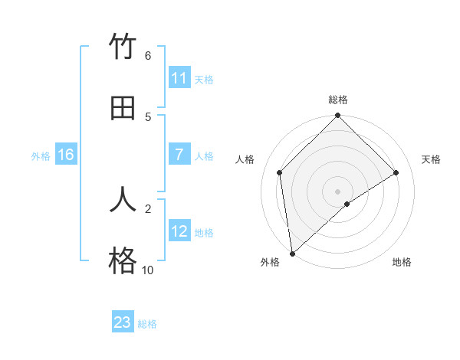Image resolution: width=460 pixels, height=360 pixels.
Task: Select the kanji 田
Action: pyautogui.click(x=123, y=108)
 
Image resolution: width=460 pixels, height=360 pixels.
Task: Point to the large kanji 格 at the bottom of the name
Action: pyautogui.click(x=123, y=261)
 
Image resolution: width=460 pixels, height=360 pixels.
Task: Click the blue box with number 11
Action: pyautogui.click(x=179, y=78)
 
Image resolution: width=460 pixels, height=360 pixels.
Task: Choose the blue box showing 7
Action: pyautogui.click(x=179, y=155)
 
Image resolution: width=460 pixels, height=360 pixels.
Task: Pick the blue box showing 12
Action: pyautogui.click(x=179, y=231)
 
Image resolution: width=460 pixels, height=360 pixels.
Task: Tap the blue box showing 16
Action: pyautogui.click(x=66, y=155)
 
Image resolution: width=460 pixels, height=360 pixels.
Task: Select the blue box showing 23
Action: pyautogui.click(x=123, y=322)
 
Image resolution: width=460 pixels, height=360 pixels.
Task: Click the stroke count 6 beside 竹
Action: pyautogui.click(x=148, y=55)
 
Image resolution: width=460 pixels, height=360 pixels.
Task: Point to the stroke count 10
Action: pyautogui.click(x=148, y=270)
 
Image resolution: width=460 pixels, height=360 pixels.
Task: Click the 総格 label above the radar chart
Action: pyautogui.click(x=338, y=100)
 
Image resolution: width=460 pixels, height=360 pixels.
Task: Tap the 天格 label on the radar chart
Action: pyautogui.click(x=432, y=159)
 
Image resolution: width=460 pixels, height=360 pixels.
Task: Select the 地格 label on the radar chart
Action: pyautogui.click(x=402, y=262)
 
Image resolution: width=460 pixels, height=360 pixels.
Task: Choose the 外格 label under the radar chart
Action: pyautogui.click(x=270, y=262)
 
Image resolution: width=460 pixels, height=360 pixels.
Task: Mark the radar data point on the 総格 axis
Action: pyautogui.click(x=338, y=116)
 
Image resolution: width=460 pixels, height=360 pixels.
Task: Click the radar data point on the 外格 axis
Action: pyautogui.click(x=291, y=254)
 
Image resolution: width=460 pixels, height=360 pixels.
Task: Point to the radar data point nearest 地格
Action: pyautogui.click(x=347, y=204)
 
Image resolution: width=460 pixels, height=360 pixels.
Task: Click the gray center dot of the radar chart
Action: pyautogui.click(x=338, y=191)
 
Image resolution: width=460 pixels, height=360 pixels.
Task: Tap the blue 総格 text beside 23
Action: pyautogui.click(x=147, y=324)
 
